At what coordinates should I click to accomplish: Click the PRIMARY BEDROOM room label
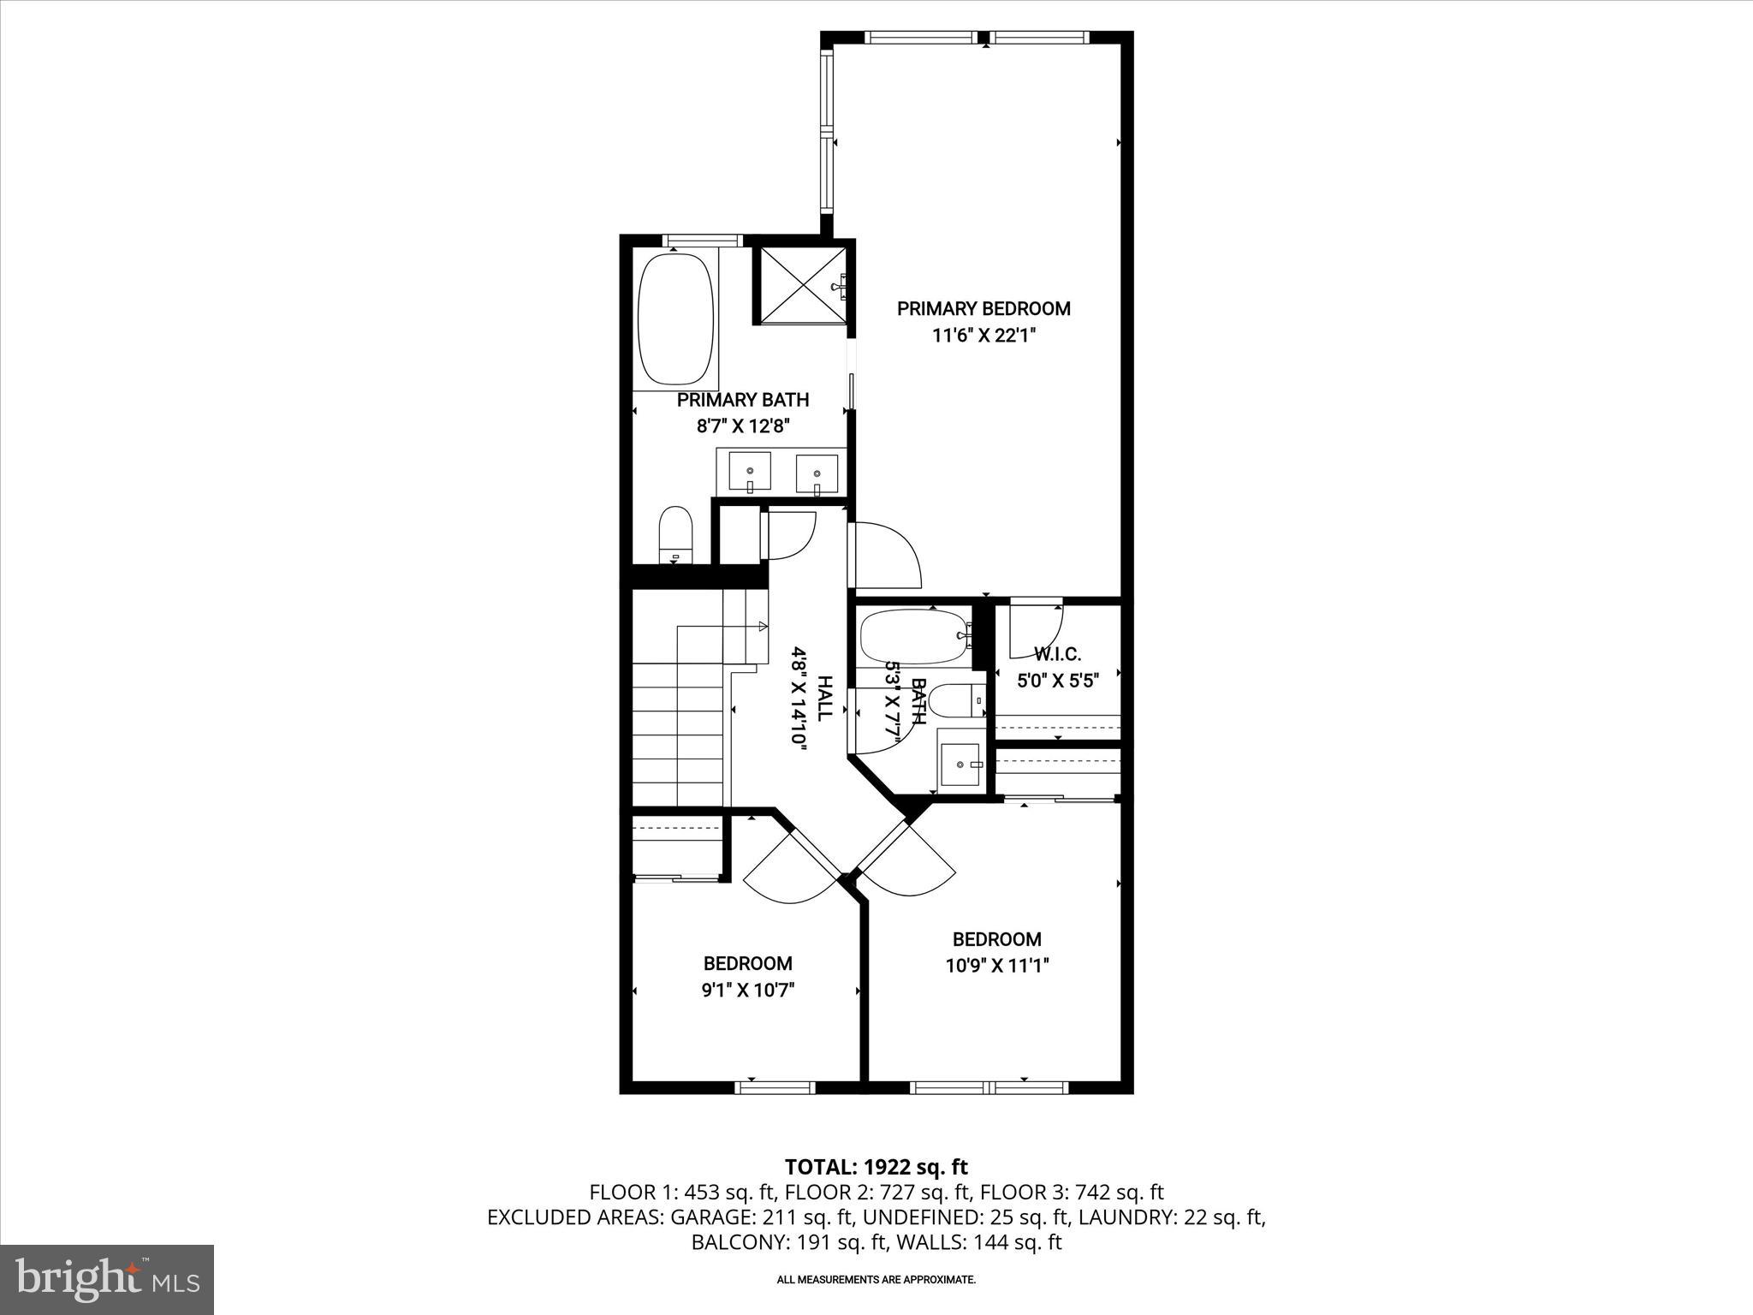(x=983, y=308)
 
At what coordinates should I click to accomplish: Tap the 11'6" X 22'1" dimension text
(x=983, y=336)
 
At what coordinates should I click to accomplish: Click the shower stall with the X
(x=801, y=285)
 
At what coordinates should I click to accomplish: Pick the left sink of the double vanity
(x=750, y=472)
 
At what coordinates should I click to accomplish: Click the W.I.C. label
(x=1057, y=655)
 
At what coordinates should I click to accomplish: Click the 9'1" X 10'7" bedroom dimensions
(x=748, y=991)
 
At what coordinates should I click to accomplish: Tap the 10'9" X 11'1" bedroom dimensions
(x=997, y=966)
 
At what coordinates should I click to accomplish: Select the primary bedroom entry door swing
(x=886, y=556)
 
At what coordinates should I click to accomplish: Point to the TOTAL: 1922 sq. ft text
(x=876, y=1167)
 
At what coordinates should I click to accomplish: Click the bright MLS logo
(x=107, y=1279)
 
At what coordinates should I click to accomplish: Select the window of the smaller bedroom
(x=775, y=1088)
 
